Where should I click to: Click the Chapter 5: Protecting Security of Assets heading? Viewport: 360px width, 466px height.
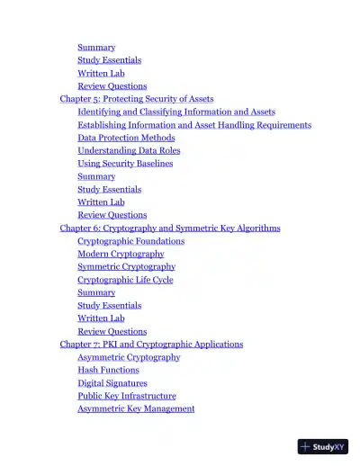tap(137, 99)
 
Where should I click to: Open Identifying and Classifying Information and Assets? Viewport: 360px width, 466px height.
tap(176, 112)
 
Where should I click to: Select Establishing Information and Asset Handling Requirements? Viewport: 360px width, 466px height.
tap(194, 125)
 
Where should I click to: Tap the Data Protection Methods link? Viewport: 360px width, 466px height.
tap(126, 138)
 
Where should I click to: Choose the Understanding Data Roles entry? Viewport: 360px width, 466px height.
tap(129, 151)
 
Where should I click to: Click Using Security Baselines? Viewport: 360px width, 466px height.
tap(125, 164)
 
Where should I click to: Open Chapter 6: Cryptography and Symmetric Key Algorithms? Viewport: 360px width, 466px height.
tap(170, 229)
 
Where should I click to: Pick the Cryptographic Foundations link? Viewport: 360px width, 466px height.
tap(131, 241)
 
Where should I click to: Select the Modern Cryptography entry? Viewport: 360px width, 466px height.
tap(121, 255)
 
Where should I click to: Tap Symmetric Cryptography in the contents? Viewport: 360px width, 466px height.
tap(126, 267)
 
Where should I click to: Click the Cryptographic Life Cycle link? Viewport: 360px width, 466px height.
tap(125, 280)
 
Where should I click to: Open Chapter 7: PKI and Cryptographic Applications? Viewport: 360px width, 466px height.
tap(151, 345)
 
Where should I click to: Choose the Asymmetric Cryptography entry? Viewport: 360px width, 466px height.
tap(129, 357)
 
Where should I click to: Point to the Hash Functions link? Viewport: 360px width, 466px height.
tap(108, 370)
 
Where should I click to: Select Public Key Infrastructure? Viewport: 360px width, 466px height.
tap(127, 396)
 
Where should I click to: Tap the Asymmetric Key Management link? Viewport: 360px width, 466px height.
tap(136, 409)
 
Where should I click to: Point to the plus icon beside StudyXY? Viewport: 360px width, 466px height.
tap(306, 446)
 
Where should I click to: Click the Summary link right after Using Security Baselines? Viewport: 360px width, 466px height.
tap(96, 176)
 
